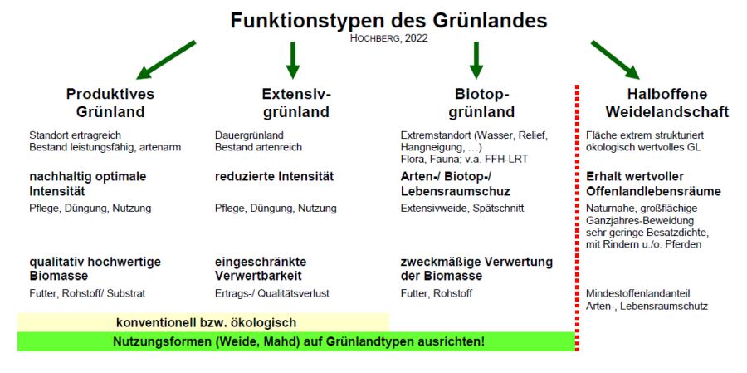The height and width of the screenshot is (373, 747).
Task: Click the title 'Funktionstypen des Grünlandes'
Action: click(388, 21)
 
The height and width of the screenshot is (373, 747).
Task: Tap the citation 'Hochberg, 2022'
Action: click(388, 39)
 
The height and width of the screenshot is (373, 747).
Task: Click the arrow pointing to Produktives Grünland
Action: click(166, 60)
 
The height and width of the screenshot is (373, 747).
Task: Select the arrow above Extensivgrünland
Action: click(293, 60)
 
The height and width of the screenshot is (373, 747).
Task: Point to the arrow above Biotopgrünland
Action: click(476, 60)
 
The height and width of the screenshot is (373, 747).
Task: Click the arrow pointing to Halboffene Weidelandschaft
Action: click(615, 60)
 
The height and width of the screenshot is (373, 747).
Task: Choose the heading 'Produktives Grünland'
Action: click(110, 103)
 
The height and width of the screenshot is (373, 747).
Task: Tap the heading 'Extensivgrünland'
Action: click(296, 103)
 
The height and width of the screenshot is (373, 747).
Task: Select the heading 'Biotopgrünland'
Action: click(481, 103)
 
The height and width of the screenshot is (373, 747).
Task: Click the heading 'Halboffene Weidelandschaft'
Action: click(667, 103)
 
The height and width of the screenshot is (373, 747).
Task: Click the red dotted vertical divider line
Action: click(578, 218)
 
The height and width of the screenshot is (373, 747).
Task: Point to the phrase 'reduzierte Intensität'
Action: click(275, 177)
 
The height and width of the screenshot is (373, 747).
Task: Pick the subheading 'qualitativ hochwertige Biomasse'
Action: click(95, 269)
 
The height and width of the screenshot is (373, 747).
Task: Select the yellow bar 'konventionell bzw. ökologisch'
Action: click(203, 323)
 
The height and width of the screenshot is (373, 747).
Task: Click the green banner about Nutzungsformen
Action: click(296, 341)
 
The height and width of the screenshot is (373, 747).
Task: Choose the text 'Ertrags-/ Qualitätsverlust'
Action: click(272, 294)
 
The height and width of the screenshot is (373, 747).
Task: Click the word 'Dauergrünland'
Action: click(249, 136)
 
